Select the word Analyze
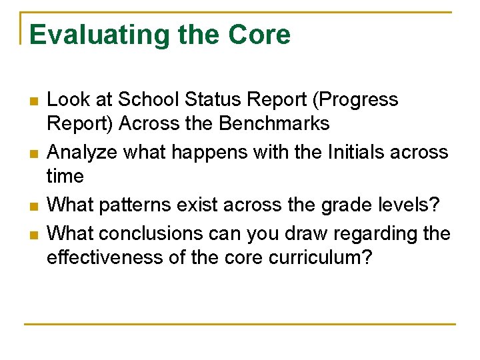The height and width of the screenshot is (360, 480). pos(83,152)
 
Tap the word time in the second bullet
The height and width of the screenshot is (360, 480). pos(65,176)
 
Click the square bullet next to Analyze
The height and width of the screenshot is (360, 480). pos(32,154)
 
